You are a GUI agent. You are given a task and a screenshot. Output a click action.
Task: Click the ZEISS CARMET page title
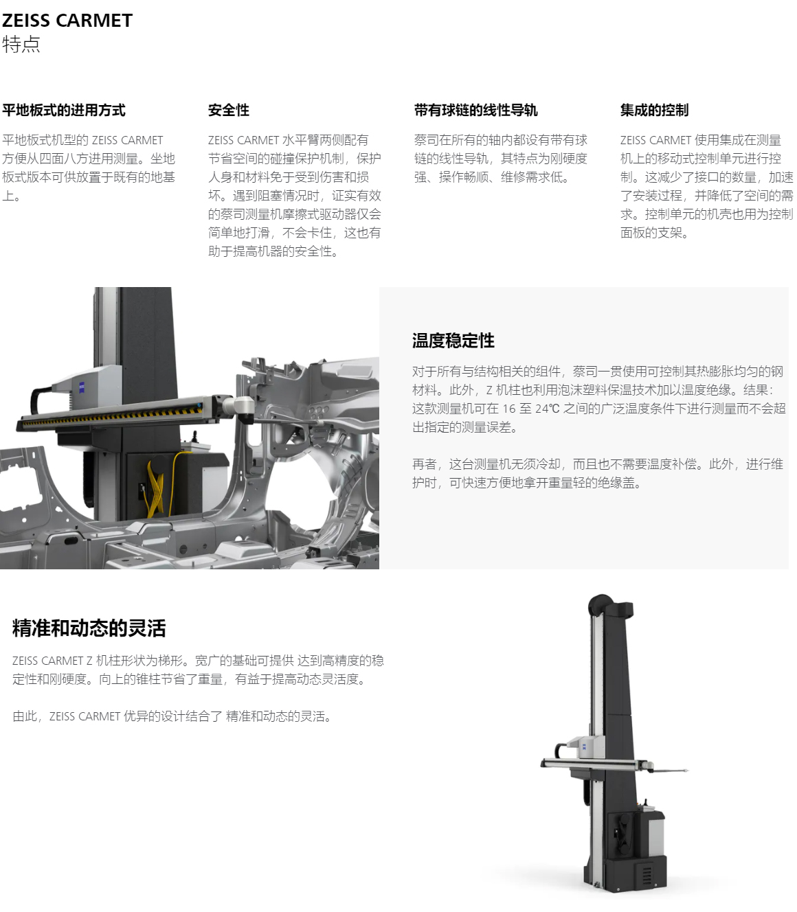tap(67, 21)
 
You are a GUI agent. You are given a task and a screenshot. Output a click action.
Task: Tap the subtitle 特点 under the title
tap(21, 44)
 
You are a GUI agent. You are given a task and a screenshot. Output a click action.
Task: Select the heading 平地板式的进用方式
tap(64, 110)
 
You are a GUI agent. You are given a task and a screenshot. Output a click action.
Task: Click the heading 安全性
tap(228, 110)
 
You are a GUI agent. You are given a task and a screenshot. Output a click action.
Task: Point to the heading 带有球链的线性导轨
tap(475, 110)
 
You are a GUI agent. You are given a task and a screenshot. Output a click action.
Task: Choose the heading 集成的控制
tap(654, 110)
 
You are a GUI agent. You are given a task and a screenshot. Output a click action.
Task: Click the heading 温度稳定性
tap(453, 341)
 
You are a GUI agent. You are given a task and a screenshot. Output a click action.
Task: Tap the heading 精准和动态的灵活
tap(89, 628)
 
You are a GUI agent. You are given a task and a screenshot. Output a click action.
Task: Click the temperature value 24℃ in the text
tap(547, 409)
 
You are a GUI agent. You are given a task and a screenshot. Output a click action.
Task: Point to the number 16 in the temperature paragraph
tap(509, 409)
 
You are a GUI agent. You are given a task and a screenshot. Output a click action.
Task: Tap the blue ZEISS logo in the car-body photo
tap(83, 387)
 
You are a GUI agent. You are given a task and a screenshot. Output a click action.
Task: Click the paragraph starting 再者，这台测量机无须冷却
tap(597, 473)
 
